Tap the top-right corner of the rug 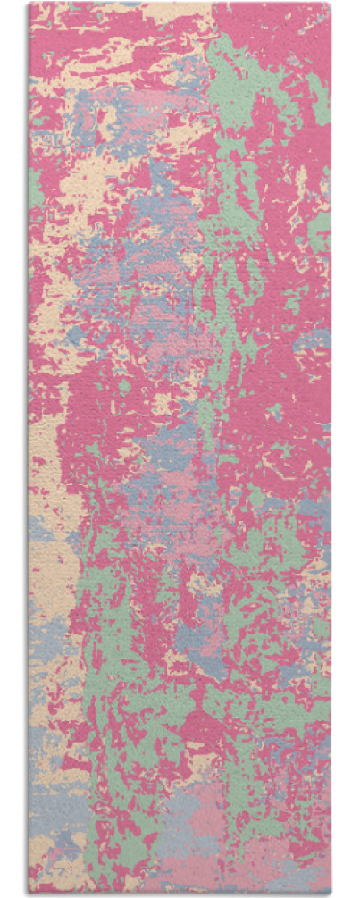[x=330, y=4]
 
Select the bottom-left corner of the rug [x=29, y=893]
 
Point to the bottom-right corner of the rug [x=330, y=893]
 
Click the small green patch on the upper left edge [x=35, y=188]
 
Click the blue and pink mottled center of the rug [x=161, y=340]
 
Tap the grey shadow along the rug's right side [x=332, y=447]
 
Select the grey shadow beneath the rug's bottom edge [x=179, y=894]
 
